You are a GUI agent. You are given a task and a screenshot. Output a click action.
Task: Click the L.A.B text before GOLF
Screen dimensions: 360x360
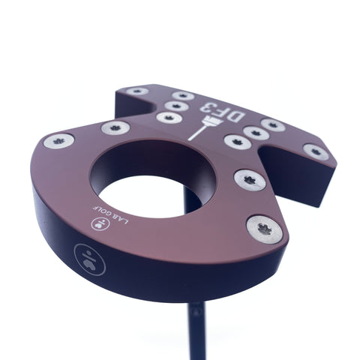point(120,219)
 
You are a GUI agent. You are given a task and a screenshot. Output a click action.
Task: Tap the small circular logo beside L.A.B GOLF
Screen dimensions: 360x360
point(97,224)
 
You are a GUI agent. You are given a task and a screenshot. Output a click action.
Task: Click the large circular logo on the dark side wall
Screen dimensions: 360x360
point(89,259)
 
